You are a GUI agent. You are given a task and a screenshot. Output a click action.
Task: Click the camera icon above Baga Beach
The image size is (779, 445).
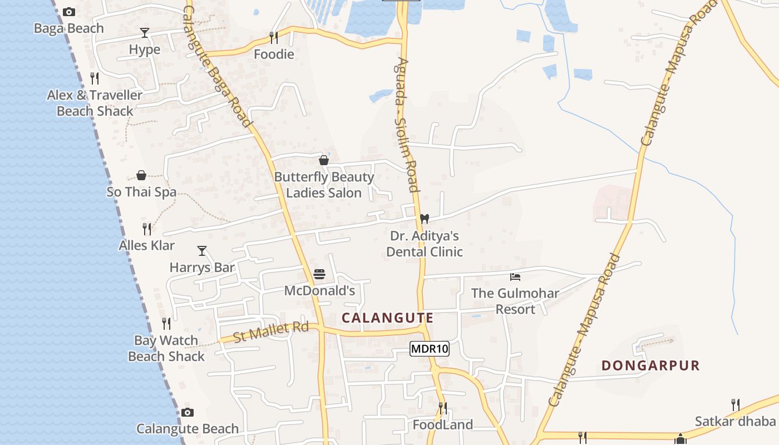(69, 12)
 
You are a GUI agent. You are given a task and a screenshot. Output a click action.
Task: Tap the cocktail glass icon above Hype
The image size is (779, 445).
(145, 33)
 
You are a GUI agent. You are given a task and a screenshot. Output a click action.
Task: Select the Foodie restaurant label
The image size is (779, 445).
(274, 54)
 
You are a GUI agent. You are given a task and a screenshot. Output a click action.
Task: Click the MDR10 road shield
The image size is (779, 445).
(429, 349)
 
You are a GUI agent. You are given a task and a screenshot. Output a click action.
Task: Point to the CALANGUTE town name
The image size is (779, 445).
(387, 318)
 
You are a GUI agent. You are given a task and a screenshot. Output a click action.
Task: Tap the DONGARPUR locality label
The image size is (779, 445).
(650, 365)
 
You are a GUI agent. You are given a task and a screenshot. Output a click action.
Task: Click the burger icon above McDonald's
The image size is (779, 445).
(319, 274)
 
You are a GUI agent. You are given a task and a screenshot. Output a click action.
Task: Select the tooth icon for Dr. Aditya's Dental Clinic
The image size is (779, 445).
(425, 219)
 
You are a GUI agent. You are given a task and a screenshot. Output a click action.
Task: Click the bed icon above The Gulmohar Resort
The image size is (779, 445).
(515, 276)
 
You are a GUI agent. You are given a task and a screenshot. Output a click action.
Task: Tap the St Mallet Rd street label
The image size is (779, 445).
(270, 332)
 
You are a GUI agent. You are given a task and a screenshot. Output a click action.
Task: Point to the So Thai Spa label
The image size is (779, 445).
(141, 192)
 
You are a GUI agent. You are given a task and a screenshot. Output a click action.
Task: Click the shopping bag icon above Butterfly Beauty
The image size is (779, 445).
(324, 160)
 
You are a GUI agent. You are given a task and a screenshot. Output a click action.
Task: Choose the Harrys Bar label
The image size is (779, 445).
(202, 268)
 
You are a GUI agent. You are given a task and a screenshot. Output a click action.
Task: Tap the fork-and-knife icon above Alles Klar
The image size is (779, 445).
(147, 229)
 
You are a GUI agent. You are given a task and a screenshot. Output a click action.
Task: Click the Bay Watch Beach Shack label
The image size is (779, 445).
(166, 348)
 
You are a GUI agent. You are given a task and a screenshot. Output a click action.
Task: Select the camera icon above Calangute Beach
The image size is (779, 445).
(188, 412)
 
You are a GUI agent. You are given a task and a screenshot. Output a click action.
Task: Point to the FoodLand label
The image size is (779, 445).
(442, 425)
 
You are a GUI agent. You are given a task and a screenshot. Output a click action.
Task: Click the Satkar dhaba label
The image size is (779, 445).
(735, 421)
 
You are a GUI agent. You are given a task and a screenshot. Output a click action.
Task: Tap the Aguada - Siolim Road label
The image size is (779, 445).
(406, 125)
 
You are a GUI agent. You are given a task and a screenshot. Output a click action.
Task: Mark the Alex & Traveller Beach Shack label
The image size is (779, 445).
(95, 103)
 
